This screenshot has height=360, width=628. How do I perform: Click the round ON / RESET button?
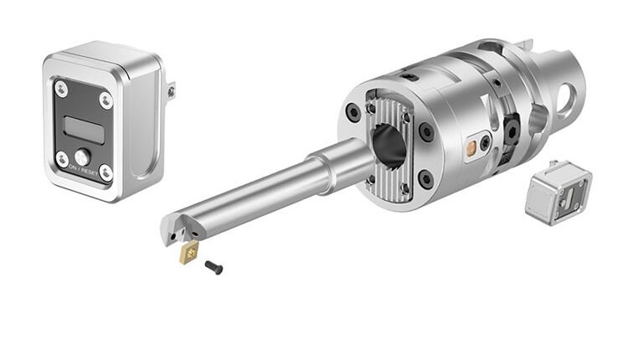pos(81,156)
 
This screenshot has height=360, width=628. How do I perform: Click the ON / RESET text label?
pos(84,170)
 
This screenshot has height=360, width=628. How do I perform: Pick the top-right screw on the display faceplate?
pos(106,100)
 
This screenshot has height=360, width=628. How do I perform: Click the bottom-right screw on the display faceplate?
pos(105,172)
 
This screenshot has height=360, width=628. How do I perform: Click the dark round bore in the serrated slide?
pos(389,144)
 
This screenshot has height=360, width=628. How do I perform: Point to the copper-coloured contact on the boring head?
pos(471,148)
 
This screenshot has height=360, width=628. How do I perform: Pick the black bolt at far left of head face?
pos(355,112)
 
